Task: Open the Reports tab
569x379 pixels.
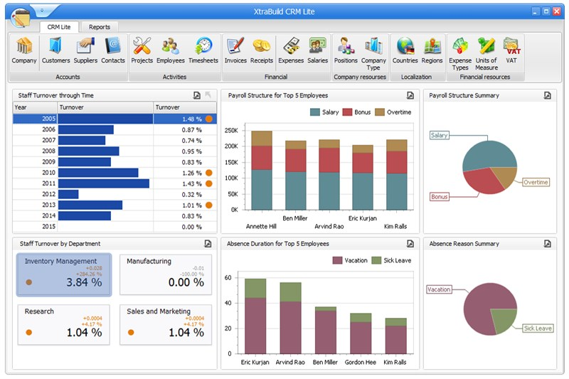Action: pyautogui.click(x=100, y=27)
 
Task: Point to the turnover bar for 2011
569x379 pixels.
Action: pyautogui.click(x=103, y=183)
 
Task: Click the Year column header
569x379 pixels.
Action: pyautogui.click(x=34, y=107)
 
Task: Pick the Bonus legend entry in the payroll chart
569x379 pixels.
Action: pyautogui.click(x=358, y=112)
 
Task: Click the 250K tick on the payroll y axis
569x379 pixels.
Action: pyautogui.click(x=230, y=131)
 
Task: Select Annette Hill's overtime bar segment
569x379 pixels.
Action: pyautogui.click(x=262, y=138)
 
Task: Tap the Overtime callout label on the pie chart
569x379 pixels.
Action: pyautogui.click(x=536, y=183)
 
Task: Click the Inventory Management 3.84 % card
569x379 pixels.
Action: pyautogui.click(x=64, y=274)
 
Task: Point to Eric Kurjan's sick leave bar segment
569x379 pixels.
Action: pyautogui.click(x=255, y=288)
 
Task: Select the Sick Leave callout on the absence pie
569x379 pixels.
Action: pyautogui.click(x=538, y=329)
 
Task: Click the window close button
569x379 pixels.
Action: pyautogui.click(x=556, y=11)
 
